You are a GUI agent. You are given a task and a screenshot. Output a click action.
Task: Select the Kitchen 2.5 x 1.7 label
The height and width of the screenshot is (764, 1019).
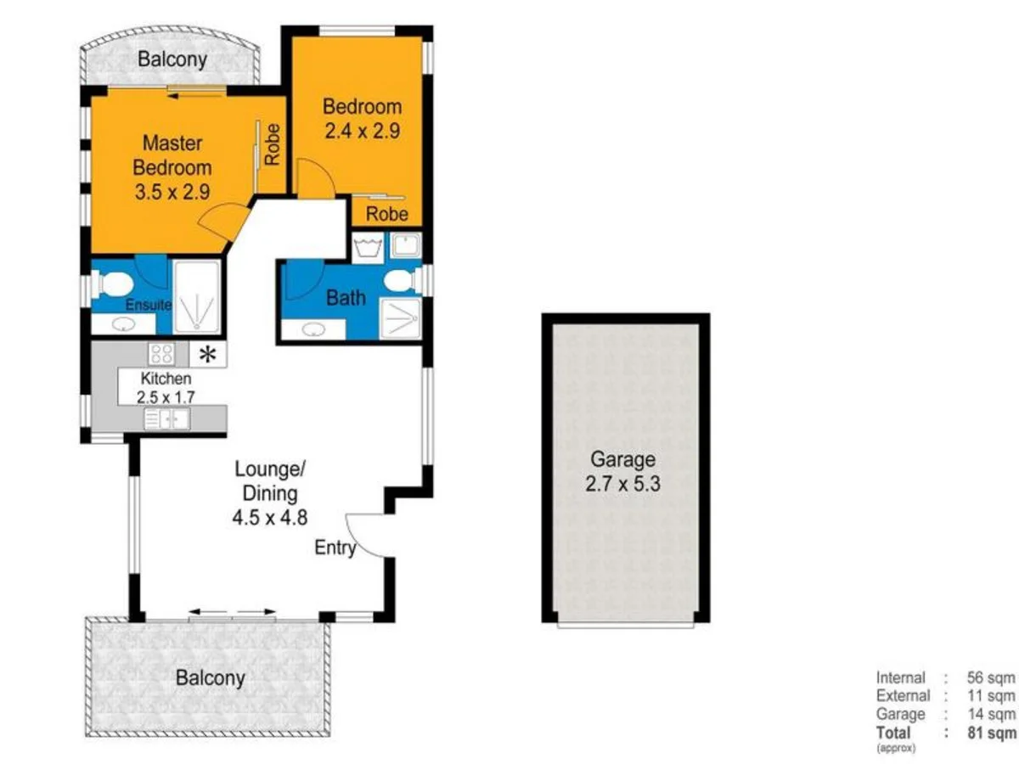(x=166, y=388)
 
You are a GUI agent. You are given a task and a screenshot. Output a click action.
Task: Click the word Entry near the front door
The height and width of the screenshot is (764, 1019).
(x=335, y=548)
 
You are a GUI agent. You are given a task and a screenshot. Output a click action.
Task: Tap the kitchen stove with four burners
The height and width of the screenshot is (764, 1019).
(x=161, y=354)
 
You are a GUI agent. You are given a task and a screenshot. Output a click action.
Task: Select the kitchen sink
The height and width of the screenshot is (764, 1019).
(x=166, y=419)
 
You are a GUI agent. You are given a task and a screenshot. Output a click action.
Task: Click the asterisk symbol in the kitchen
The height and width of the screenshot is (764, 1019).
(x=207, y=354)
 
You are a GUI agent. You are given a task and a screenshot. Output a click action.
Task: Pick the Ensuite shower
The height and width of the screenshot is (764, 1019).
(x=197, y=297)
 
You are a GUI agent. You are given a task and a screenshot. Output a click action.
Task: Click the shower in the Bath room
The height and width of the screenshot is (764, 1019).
(x=400, y=318)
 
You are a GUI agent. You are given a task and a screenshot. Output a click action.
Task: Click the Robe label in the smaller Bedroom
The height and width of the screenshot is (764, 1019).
(x=386, y=214)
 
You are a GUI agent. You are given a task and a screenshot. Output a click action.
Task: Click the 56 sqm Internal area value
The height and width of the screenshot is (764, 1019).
(x=991, y=677)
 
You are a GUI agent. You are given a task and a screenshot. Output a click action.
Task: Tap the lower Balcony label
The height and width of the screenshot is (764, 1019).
(x=210, y=677)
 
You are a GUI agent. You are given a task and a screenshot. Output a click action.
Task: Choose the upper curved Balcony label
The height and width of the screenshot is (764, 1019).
(x=172, y=59)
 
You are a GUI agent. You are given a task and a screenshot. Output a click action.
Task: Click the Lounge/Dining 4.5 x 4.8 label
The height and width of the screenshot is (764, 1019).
(x=266, y=493)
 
